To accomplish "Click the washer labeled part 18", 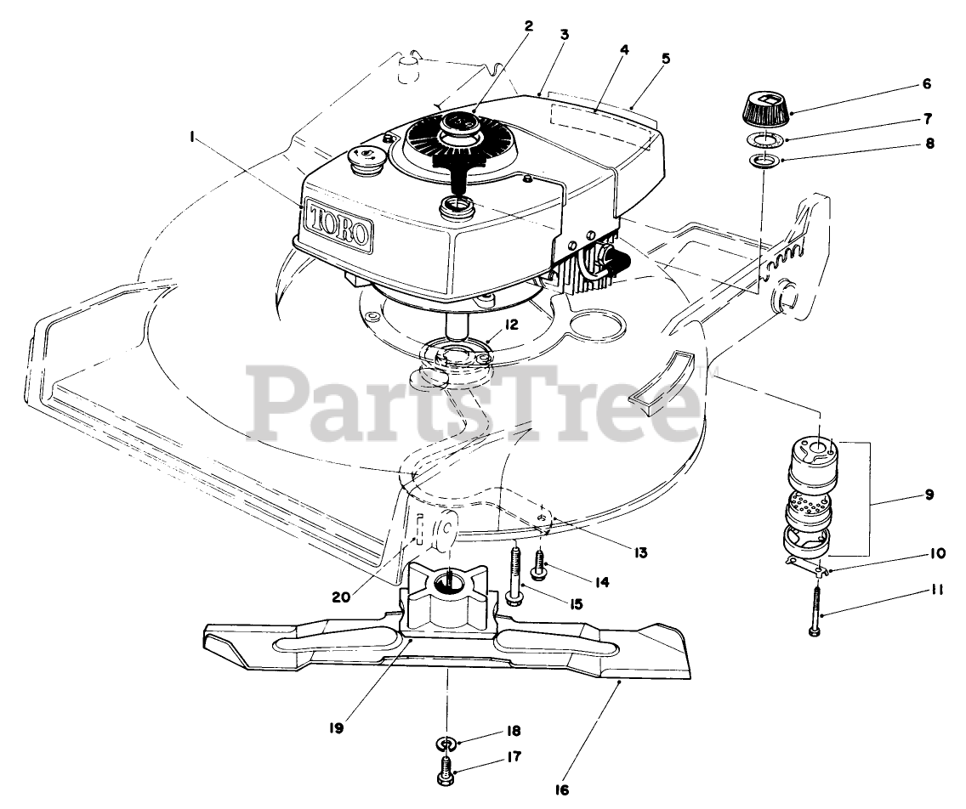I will (x=445, y=744).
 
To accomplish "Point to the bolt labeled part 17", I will (x=446, y=772).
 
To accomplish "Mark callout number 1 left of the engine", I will (x=193, y=135).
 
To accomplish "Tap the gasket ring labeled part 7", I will (x=768, y=139).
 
